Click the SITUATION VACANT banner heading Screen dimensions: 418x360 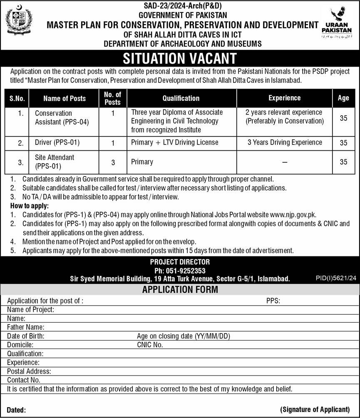(180, 58)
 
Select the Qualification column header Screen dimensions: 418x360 (181, 98)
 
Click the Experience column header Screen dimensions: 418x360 (284, 98)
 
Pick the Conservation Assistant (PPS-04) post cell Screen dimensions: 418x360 (62, 117)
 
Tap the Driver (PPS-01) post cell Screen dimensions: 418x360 (57, 142)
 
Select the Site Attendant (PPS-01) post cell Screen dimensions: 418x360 (55, 162)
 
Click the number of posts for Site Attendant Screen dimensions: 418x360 (113, 162)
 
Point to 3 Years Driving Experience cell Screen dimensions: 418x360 (285, 142)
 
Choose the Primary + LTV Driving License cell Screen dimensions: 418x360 (174, 142)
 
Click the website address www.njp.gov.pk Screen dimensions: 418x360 (293, 215)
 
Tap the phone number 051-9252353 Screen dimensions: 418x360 (180, 271)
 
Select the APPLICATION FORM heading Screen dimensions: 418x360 (180, 290)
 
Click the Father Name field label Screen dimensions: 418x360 (26, 327)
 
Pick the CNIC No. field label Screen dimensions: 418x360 (150, 345)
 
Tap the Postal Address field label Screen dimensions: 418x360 (29, 371)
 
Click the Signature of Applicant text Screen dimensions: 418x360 (315, 409)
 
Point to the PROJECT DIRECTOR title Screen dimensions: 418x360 (180, 262)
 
